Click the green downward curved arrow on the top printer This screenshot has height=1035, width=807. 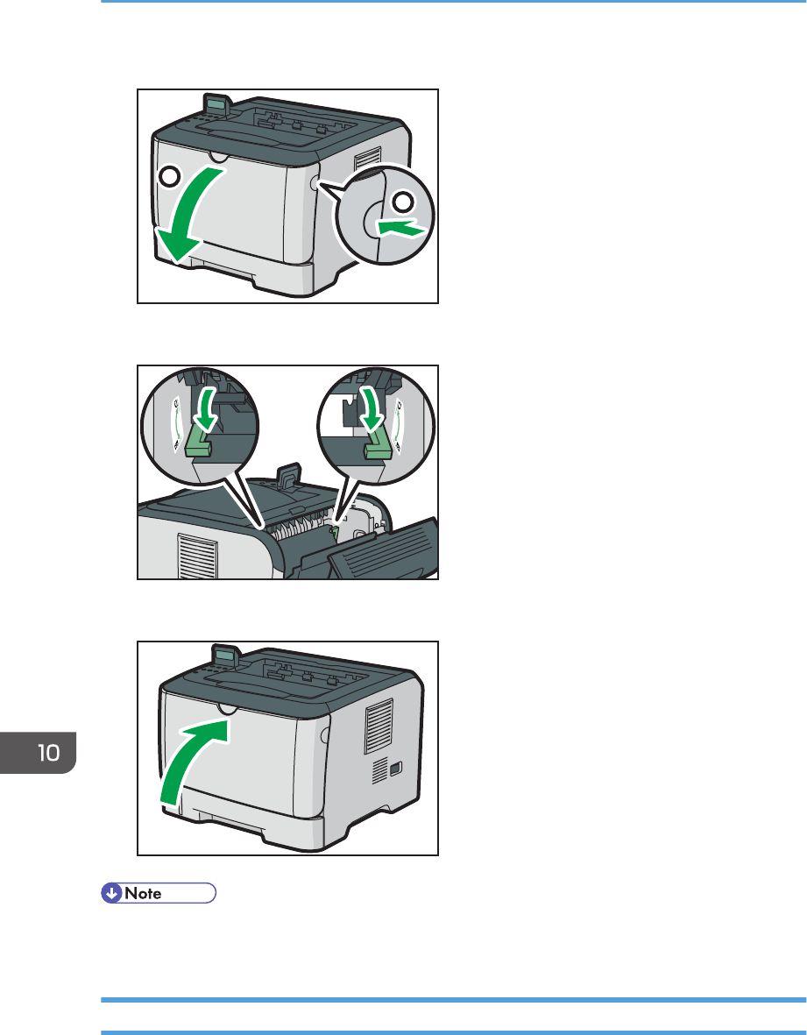[191, 211]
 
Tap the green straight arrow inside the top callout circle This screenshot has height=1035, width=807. [400, 229]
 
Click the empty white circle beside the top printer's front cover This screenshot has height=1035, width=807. [170, 176]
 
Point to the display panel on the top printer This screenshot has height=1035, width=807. [217, 103]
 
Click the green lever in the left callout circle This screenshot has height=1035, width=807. [199, 440]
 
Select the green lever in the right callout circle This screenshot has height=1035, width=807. [379, 441]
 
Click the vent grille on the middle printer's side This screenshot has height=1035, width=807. [198, 556]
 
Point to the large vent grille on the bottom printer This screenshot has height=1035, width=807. [379, 727]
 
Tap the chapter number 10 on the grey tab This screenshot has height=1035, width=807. [49, 753]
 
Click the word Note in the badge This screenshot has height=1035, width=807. [143, 893]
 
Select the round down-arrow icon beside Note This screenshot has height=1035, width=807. [111, 893]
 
